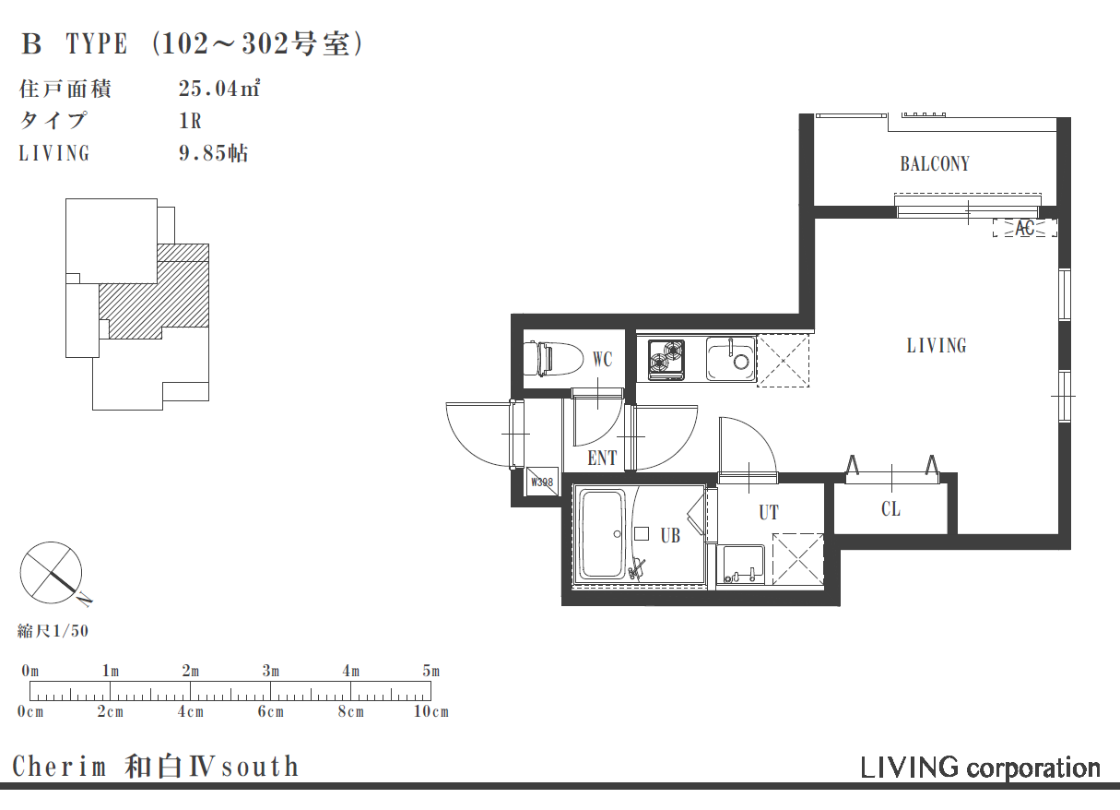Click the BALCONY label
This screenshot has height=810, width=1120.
pyautogui.click(x=935, y=164)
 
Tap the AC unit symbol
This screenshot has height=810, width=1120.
pyautogui.click(x=1024, y=228)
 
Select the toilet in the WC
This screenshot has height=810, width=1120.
pyautogui.click(x=553, y=358)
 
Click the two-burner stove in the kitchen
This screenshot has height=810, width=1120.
pyautogui.click(x=666, y=359)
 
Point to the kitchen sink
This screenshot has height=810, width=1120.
pyautogui.click(x=730, y=359)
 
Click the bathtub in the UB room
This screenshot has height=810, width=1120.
pyautogui.click(x=602, y=534)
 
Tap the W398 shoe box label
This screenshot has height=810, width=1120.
pyautogui.click(x=542, y=482)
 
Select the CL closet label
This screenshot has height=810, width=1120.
pyautogui.click(x=890, y=509)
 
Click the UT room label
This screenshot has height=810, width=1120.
pyautogui.click(x=769, y=512)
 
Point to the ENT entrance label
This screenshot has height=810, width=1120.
pyautogui.click(x=602, y=458)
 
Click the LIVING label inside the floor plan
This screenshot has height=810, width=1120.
pyautogui.click(x=937, y=346)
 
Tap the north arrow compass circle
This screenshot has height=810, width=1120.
pyautogui.click(x=51, y=572)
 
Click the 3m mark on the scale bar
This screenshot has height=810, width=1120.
pyautogui.click(x=270, y=671)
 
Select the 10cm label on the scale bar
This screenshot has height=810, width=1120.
pyautogui.click(x=431, y=711)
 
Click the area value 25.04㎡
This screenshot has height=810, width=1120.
pyautogui.click(x=219, y=89)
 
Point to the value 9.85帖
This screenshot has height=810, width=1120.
pyautogui.click(x=214, y=153)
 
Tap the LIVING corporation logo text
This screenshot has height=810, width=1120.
pyautogui.click(x=980, y=768)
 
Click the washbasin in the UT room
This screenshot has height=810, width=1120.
pyautogui.click(x=740, y=565)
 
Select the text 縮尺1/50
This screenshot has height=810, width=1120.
pyautogui.click(x=53, y=631)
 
